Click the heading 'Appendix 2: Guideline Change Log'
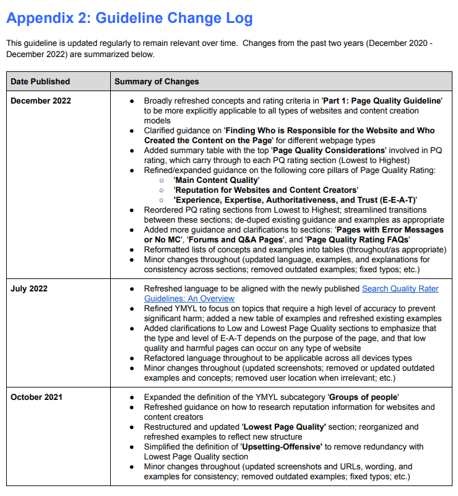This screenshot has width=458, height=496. [129, 18]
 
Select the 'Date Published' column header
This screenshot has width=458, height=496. [40, 81]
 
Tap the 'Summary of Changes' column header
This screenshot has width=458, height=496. [157, 81]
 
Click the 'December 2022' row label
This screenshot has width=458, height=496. [41, 100]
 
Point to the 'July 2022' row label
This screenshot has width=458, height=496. [29, 289]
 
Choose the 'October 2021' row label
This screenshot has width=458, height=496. [37, 397]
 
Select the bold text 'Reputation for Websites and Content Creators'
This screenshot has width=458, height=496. [266, 190]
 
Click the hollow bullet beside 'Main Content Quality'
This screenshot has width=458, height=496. [162, 180]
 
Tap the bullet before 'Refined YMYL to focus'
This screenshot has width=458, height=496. [132, 308]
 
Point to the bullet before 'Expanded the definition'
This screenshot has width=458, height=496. [132, 397]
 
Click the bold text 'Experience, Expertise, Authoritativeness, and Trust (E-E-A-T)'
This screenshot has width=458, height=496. [295, 200]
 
